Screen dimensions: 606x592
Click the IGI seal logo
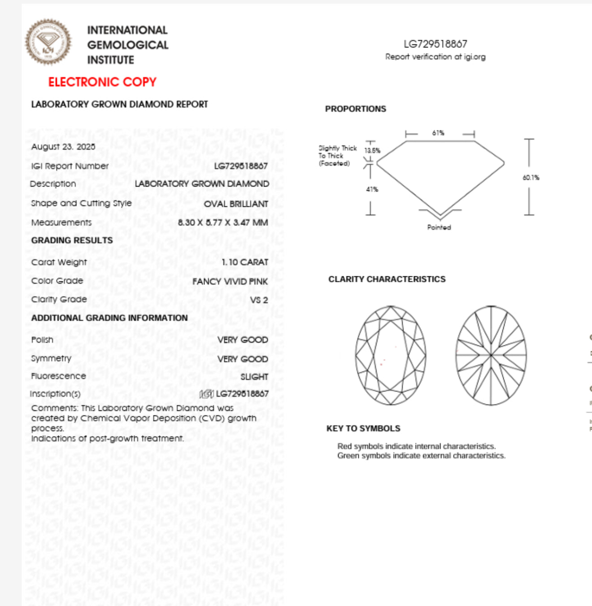[x=48, y=42]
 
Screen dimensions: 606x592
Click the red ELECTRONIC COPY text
[x=102, y=82]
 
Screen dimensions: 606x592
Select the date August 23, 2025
[x=63, y=147]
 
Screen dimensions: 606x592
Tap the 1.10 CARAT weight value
[x=245, y=262]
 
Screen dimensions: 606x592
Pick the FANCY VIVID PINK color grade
[x=230, y=281]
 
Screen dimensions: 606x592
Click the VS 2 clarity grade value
[x=259, y=300]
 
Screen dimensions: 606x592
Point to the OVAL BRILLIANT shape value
[x=236, y=204]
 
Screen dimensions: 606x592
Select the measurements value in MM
[x=223, y=222]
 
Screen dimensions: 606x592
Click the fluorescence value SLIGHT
[x=254, y=377]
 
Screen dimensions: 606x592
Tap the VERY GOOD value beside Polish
[x=243, y=340]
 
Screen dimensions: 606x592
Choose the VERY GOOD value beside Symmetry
[x=243, y=359]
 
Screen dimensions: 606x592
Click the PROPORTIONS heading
[x=356, y=109]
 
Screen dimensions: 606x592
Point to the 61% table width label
[x=438, y=133]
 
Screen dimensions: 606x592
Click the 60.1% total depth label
[x=531, y=178]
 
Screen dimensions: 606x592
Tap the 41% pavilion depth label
[x=372, y=189]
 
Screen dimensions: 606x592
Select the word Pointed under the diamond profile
[x=439, y=227]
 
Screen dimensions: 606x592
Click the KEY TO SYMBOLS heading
[x=363, y=428]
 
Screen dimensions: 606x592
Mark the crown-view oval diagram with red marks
[x=391, y=355]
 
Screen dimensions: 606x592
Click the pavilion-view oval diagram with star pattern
[x=491, y=355]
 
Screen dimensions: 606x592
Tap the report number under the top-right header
[x=435, y=44]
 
